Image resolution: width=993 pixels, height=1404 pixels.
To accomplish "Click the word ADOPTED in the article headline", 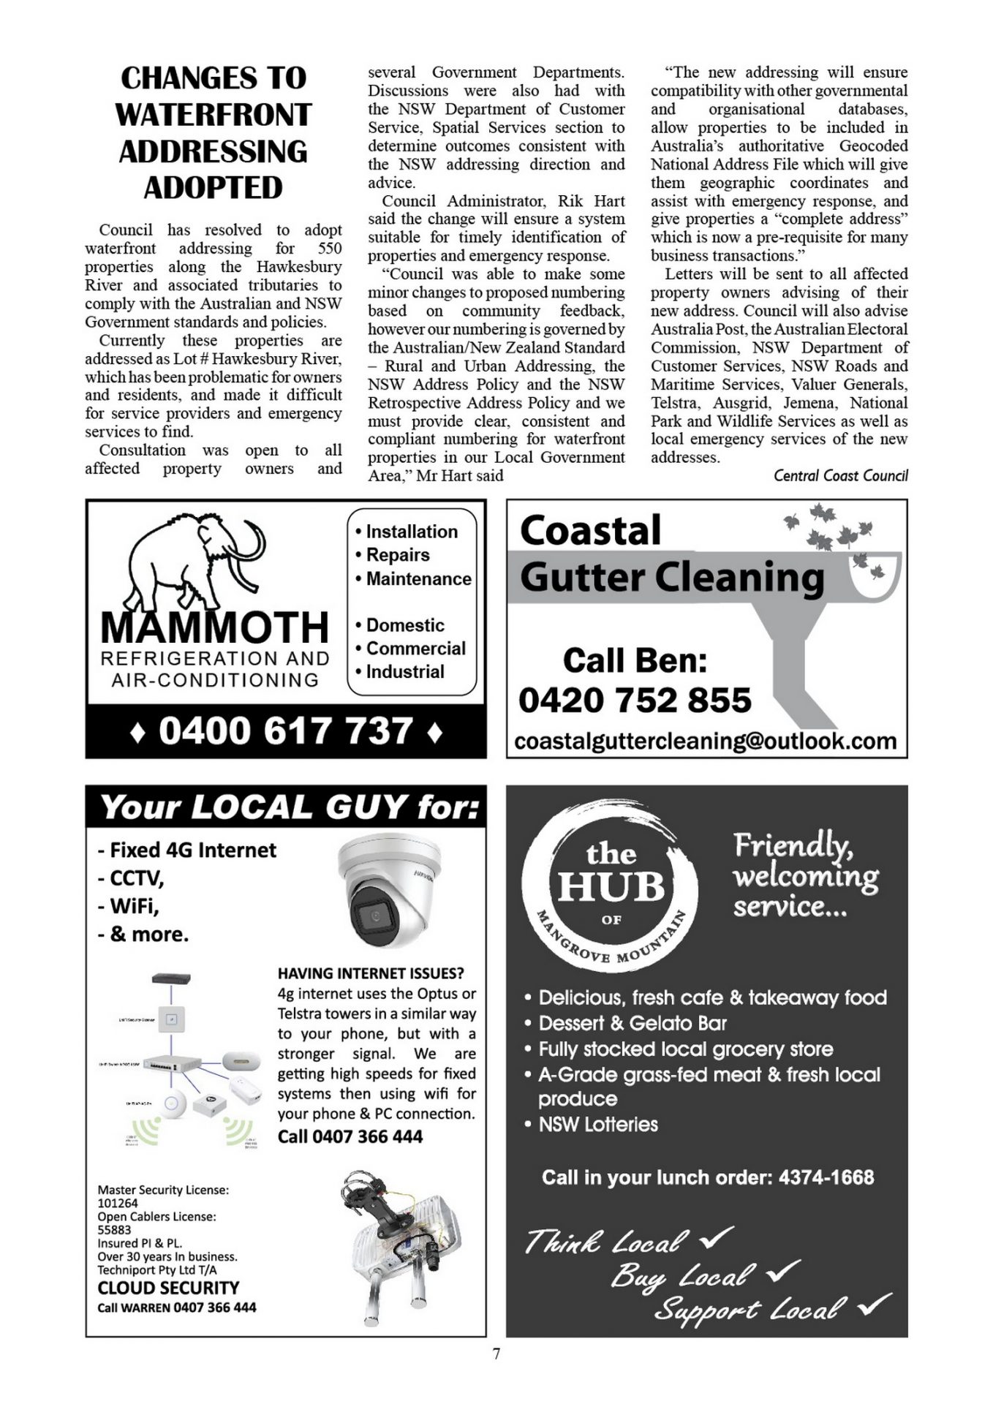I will coord(213,188).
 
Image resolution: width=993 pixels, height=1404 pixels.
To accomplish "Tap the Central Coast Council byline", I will coord(840,476).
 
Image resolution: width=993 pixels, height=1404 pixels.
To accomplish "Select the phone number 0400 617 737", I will coord(286,731).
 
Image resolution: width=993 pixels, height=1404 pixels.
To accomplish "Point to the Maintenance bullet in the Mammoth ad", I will coord(418,578).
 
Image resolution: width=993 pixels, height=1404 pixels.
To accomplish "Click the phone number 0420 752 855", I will coord(635,701).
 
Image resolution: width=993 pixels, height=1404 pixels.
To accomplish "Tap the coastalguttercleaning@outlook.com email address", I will coord(705,741).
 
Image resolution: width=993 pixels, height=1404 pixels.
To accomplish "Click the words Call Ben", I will coord(635,660).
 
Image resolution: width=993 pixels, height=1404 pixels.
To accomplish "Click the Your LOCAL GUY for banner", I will coord(289,807).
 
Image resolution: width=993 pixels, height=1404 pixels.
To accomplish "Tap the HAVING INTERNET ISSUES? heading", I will coord(370,973).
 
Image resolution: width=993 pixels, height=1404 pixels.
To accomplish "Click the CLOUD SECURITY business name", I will coord(168,1288).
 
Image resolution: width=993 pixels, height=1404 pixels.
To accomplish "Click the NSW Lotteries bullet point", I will coord(598,1125).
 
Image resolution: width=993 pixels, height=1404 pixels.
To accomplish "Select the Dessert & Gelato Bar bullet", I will coord(633,1023).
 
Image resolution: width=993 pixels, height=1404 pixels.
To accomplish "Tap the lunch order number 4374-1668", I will coord(826,1177).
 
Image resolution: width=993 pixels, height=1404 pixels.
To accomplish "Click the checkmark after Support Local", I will coord(875,1304).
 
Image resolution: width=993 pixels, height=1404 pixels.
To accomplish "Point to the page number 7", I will coord(496,1354).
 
